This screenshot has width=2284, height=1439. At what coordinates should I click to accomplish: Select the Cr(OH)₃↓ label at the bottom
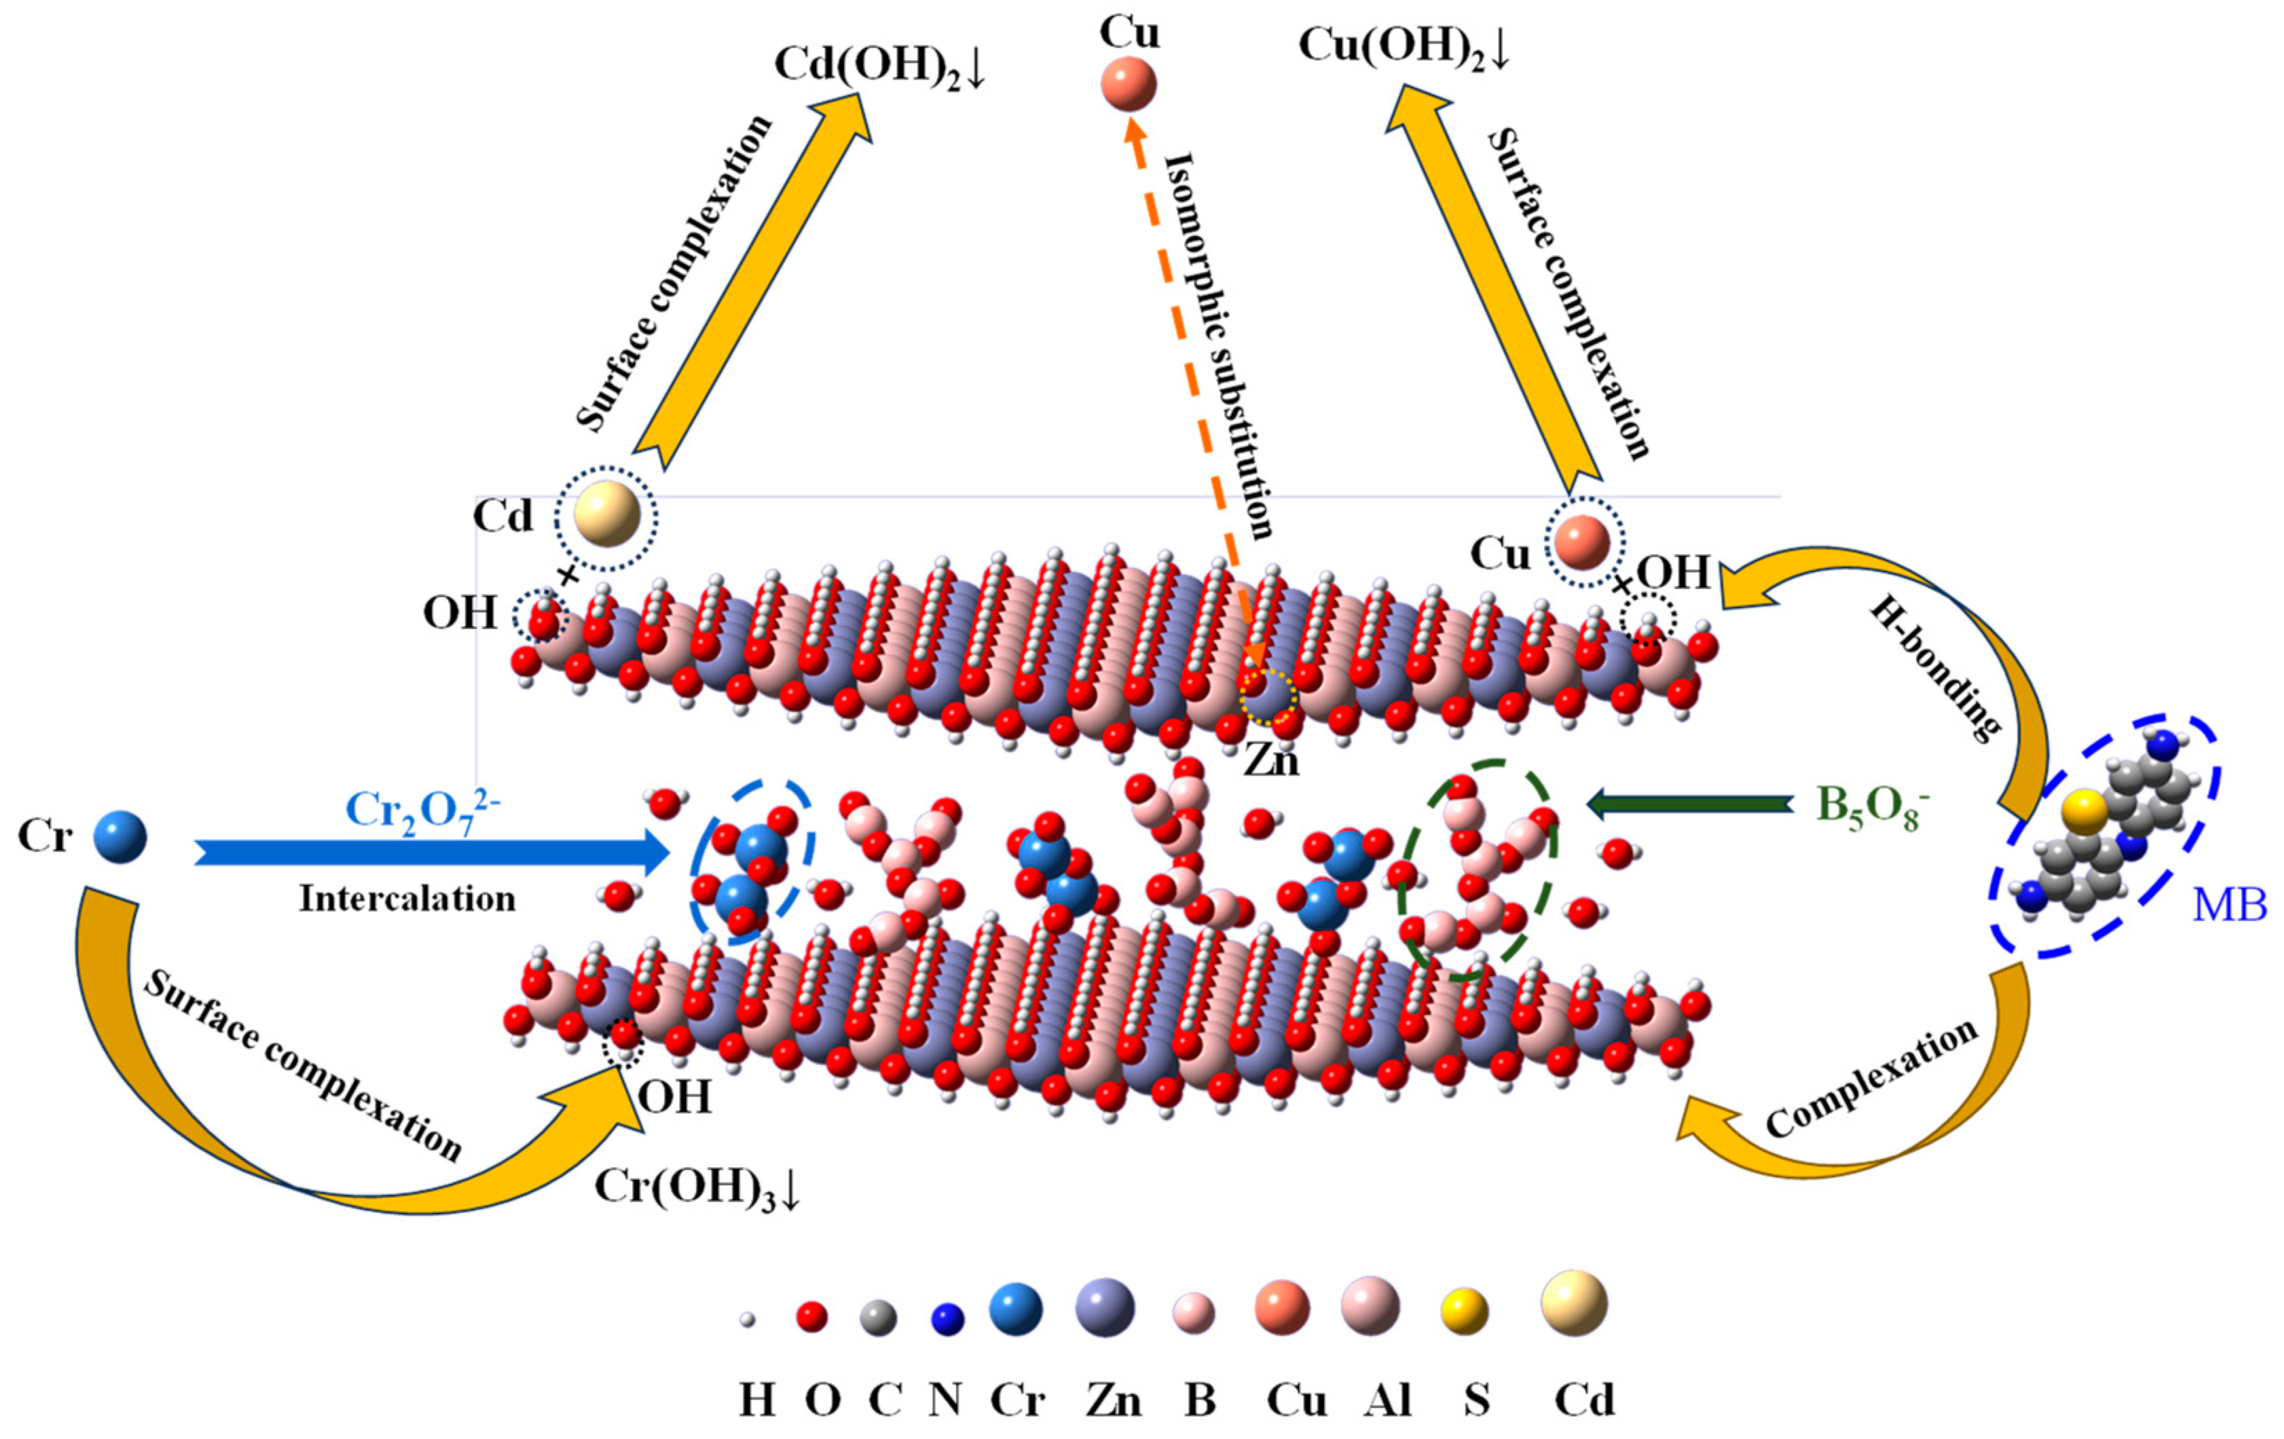pyautogui.click(x=697, y=1186)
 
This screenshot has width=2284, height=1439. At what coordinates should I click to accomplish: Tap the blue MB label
pyautogui.click(x=2228, y=905)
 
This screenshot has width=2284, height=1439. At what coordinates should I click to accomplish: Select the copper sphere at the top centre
pyautogui.click(x=1129, y=84)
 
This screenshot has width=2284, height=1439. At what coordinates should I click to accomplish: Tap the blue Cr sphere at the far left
pyautogui.click(x=120, y=836)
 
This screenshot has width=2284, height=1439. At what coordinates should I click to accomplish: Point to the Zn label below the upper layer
pyautogui.click(x=1271, y=760)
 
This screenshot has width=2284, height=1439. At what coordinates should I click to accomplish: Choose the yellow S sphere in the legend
pyautogui.click(x=1464, y=1312)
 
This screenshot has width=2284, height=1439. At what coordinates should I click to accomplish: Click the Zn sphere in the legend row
pyautogui.click(x=1105, y=1307)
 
